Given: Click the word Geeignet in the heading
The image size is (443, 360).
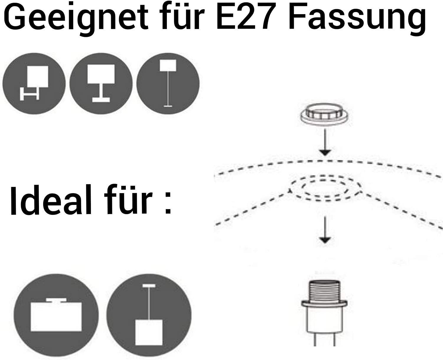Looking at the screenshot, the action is tap(76, 19).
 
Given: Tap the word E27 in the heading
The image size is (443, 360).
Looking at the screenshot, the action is tap(247, 16).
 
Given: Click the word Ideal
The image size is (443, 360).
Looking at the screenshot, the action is tap(51, 200).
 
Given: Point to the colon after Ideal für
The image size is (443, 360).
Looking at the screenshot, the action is tap(168, 203).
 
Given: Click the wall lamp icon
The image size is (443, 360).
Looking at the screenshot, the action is tap(34, 83).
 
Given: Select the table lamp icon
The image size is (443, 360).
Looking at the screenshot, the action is tap(101, 83).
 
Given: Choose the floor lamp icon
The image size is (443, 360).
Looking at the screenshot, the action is tap(168, 83).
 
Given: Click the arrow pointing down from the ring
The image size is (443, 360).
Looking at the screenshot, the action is tap(325, 142).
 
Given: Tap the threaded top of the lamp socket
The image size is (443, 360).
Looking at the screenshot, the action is tap(325, 291).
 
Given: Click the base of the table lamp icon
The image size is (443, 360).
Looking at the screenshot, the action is tap(101, 100).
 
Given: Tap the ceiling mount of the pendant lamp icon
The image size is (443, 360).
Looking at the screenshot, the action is tap(149, 286).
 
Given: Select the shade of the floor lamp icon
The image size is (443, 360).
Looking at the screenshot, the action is tap(168, 66).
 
